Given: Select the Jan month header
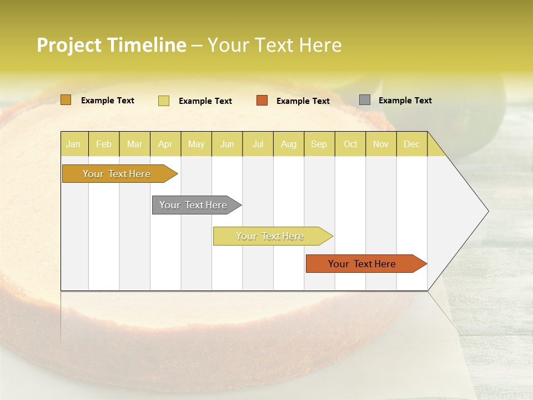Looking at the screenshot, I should [73, 144].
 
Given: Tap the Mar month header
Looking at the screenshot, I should [134, 144].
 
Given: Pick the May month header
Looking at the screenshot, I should [196, 144].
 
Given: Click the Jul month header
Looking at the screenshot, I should [258, 144].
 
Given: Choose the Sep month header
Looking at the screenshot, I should [319, 144].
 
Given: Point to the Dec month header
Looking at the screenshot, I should [411, 144].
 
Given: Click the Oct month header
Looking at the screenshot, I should [350, 144].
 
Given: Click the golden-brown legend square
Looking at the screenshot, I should [66, 100].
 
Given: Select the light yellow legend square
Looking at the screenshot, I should [164, 101].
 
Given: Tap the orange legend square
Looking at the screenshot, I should [262, 101].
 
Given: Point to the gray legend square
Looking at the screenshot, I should [365, 100].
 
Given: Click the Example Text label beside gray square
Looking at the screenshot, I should [405, 101].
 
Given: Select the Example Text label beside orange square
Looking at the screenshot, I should [303, 101].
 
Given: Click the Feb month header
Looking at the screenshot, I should [104, 144].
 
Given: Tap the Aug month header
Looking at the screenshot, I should [288, 144].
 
